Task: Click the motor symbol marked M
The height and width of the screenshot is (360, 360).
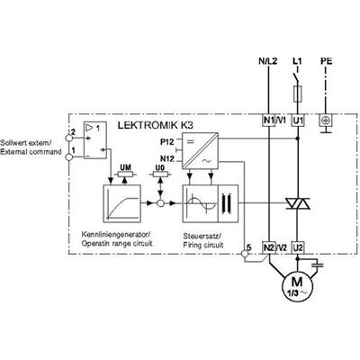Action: [297, 285]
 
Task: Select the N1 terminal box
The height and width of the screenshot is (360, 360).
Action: [269, 121]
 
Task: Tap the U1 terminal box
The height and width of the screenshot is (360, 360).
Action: [298, 121]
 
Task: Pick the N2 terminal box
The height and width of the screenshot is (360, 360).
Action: [269, 247]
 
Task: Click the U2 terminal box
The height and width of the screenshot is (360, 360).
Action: [298, 247]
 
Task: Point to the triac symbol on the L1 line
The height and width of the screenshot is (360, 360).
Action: [297, 203]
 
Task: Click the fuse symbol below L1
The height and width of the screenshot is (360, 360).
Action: [297, 93]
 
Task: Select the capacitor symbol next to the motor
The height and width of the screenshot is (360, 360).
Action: [318, 265]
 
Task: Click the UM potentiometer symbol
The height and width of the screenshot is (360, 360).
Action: [126, 175]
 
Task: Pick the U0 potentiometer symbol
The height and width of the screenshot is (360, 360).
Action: [160, 175]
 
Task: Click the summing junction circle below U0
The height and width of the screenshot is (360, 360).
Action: [160, 203]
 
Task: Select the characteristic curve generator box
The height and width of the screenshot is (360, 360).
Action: [121, 203]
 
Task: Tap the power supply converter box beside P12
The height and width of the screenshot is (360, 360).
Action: [200, 150]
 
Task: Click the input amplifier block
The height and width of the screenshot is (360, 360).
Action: [94, 140]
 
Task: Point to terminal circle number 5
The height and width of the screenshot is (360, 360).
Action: [245, 254]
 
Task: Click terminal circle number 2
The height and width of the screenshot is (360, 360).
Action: [69, 138]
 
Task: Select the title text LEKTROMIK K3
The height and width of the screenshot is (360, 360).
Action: [155, 125]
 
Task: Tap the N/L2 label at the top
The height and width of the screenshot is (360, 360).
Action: [268, 61]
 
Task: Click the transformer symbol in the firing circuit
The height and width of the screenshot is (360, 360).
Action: [228, 203]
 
